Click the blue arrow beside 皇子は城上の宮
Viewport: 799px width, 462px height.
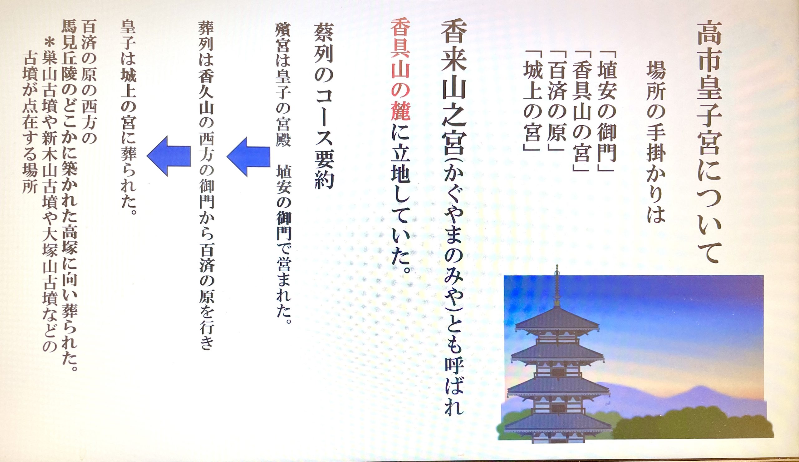[169, 156]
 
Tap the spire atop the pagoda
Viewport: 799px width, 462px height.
[557, 285]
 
